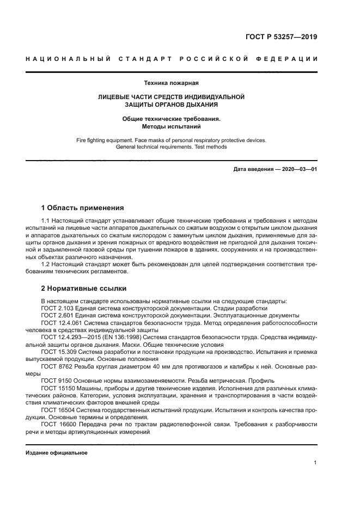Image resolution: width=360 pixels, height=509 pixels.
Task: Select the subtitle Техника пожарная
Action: click(171, 83)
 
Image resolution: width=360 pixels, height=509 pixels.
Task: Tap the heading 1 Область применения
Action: click(82, 207)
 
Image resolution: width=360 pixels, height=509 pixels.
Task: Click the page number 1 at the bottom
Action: click(315, 463)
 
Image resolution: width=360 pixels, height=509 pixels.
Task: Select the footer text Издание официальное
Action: click(57, 452)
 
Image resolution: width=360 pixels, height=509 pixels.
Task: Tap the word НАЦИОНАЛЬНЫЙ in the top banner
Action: click(69, 59)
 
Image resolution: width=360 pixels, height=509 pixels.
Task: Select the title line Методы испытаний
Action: click(171, 126)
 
